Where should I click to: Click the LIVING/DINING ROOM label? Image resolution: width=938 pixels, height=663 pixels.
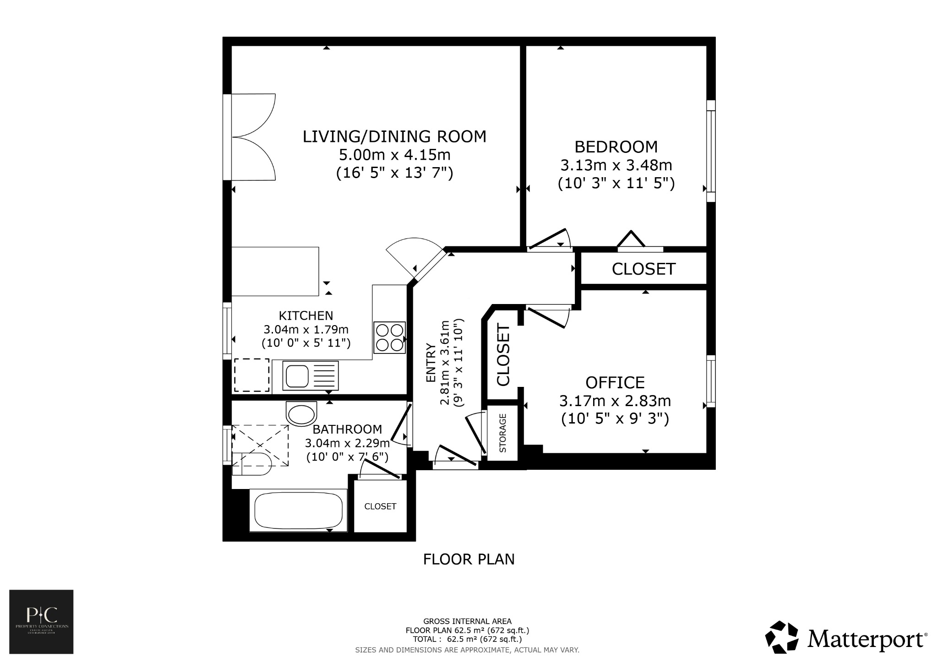point(394,136)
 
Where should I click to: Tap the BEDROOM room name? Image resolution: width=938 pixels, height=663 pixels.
point(616,147)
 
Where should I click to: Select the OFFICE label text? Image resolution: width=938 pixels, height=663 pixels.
point(615,382)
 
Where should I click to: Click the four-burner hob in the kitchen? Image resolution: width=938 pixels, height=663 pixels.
point(390,337)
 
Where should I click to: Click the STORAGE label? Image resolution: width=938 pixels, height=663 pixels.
point(503,433)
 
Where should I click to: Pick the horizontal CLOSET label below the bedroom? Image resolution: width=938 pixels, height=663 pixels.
point(644,269)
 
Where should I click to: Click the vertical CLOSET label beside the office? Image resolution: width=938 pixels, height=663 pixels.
point(503,355)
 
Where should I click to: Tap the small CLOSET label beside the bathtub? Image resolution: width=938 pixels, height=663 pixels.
point(380,506)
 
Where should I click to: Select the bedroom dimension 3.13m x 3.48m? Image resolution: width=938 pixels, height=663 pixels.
point(616,165)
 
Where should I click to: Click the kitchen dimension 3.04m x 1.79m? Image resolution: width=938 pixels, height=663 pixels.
point(306,329)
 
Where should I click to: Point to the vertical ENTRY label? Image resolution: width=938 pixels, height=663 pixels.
point(431,363)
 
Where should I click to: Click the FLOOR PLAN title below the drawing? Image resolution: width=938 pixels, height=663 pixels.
point(469,559)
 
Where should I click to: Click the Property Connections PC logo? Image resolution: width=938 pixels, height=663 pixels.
point(42,622)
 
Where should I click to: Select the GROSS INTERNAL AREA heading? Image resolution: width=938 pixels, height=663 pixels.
point(467,621)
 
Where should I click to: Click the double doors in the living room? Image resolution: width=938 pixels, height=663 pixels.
point(255,137)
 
